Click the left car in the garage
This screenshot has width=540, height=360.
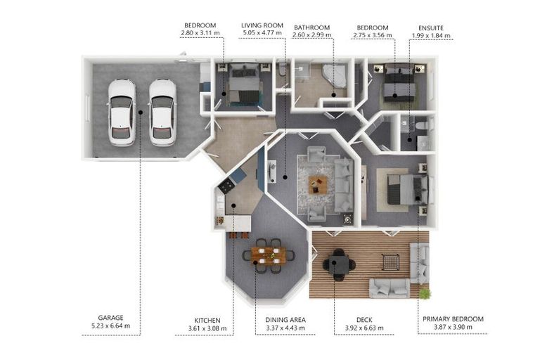pos(122,112)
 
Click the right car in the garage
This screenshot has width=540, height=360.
pos(162,112)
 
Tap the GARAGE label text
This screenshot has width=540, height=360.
pos(110,318)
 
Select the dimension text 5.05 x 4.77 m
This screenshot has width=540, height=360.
pos(262,33)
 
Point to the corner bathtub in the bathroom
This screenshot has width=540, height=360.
pos(335,75)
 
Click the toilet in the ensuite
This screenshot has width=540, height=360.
pos(423,125)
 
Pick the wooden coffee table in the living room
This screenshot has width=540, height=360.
pos(319,184)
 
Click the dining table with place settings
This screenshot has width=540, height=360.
pos(269,255)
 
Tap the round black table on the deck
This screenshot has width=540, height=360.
pos(339,264)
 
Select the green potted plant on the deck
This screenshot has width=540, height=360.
pos(425,294)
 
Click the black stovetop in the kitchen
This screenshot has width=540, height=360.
pos(226,186)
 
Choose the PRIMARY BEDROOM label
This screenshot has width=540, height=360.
pos(453,319)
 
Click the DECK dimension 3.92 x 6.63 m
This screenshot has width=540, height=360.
pos(364,328)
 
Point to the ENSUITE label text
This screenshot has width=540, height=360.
pos(431,28)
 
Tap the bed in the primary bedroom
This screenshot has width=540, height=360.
pos(408,189)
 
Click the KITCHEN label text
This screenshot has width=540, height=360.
pos(207,321)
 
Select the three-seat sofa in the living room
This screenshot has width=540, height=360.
pos(344,185)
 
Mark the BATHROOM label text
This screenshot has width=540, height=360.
pos(311,27)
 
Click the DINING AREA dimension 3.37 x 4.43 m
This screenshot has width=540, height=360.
pos(285,328)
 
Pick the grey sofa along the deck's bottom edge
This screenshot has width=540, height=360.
pos(390,288)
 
